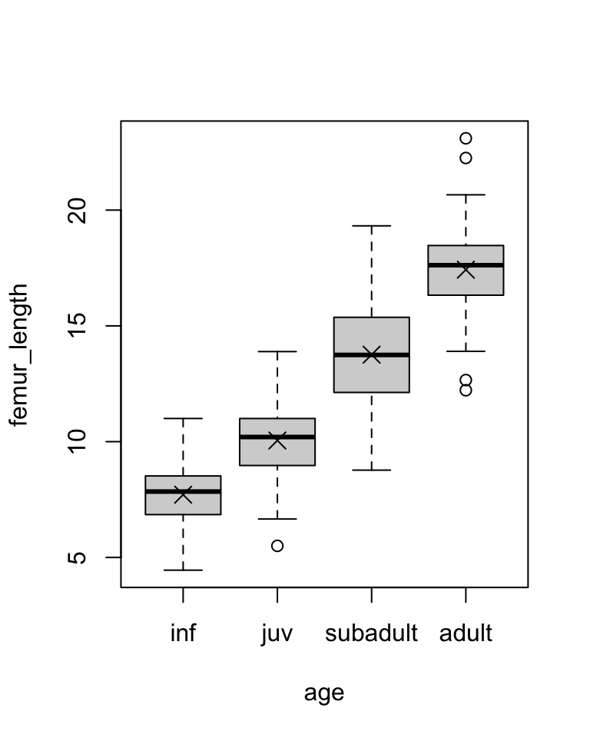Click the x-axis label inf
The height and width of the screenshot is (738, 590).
tap(183, 634)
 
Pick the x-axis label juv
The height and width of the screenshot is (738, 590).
tap(277, 634)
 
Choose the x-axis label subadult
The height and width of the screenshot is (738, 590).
tap(372, 634)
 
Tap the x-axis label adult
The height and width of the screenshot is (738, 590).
tap(466, 634)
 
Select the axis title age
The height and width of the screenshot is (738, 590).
tap(324, 693)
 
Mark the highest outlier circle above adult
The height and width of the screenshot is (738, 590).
tap(466, 138)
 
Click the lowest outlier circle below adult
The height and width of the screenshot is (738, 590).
tap(466, 390)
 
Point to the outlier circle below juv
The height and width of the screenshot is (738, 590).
tap(277, 546)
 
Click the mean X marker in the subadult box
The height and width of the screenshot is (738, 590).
tap(372, 354)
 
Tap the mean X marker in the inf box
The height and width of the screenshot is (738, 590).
tap(183, 494)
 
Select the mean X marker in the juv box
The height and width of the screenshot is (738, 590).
tap(277, 440)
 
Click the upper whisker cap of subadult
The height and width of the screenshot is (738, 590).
tap(372, 226)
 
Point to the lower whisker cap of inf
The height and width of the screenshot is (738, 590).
tap(183, 570)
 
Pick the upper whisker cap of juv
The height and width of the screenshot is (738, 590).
tap(277, 351)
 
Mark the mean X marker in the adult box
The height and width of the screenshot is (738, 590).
tap(466, 270)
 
